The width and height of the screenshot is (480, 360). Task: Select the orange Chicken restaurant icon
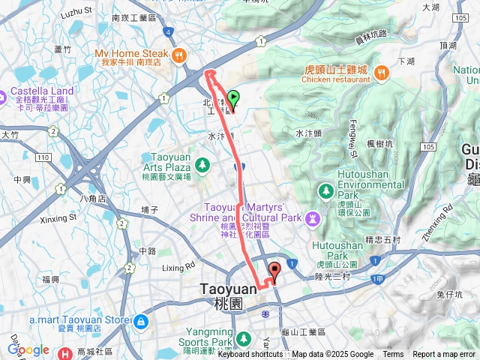click(382, 73)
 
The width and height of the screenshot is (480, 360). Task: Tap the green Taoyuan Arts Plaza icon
click(202, 163)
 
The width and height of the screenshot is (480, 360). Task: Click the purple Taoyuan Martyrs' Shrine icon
click(312, 218)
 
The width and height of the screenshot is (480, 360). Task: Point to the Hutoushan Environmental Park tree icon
click(325, 190)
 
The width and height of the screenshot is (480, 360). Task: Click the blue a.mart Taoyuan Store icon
click(140, 321)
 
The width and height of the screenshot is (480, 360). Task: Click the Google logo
click(28, 349)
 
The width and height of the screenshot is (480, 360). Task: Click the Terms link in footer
click(393, 355)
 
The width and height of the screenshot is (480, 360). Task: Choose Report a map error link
click(445, 355)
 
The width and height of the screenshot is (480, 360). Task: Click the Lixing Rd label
click(178, 267)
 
